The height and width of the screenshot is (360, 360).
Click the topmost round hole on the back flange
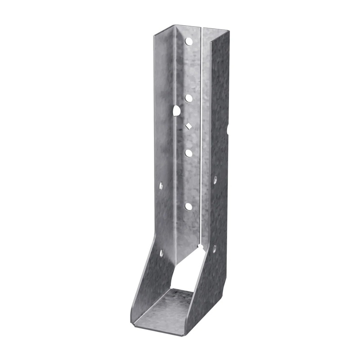189,41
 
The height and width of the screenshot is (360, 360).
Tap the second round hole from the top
189,98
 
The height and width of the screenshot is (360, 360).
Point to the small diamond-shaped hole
189,126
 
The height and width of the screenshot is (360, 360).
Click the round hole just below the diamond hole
189,153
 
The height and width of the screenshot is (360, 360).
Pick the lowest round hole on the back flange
189,207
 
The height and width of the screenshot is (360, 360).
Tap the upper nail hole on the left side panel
161,185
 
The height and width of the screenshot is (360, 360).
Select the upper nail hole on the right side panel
215,180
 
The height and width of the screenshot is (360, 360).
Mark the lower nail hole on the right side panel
214,248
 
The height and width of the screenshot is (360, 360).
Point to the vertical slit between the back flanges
200,135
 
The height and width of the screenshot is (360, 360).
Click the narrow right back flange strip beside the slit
206,135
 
